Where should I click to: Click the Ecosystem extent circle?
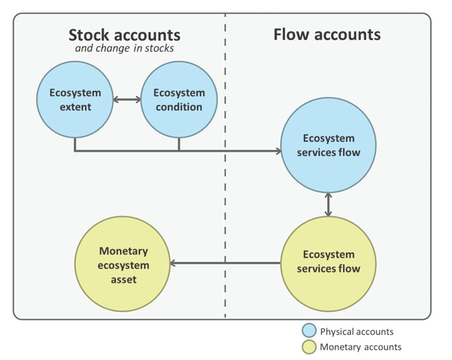(75, 100)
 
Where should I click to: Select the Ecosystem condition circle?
(179, 100)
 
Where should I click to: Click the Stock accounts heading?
(125, 35)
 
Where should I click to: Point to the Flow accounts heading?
(327, 34)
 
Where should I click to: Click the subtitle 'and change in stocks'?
(125, 48)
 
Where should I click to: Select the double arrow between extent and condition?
(127, 100)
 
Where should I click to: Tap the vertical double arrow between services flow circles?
(329, 204)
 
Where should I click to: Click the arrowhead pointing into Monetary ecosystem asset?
(174, 263)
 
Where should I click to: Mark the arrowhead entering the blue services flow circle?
(279, 152)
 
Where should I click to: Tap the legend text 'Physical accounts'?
(356, 332)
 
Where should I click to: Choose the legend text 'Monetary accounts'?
(360, 347)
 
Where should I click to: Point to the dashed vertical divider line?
(225, 194)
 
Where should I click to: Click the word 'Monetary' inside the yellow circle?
(123, 251)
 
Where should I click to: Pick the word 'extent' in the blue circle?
(75, 106)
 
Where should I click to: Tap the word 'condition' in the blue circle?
(179, 106)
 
